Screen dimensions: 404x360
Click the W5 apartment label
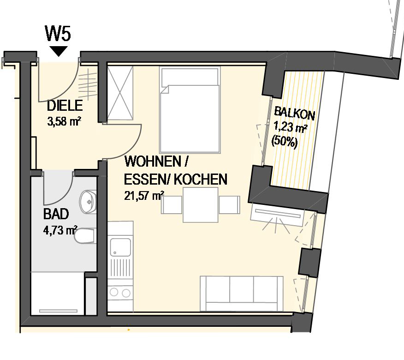pyautogui.click(x=58, y=33)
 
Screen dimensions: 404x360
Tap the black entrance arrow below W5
pyautogui.click(x=59, y=51)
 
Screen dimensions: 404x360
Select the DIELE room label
pyautogui.click(x=65, y=106)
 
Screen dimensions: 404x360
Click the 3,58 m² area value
pyautogui.click(x=64, y=121)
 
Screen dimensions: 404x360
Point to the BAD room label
pyautogui.click(x=56, y=214)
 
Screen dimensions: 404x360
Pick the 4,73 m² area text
pyautogui.click(x=60, y=230)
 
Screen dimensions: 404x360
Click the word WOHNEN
pyautogui.click(x=153, y=162)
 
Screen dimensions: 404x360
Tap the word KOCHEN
pyautogui.click(x=201, y=179)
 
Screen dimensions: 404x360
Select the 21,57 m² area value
pyautogui.click(x=144, y=196)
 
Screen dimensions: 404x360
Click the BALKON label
pyautogui.click(x=294, y=114)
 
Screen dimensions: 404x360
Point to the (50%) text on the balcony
pyautogui.click(x=285, y=142)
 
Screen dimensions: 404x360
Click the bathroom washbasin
pyautogui.click(x=88, y=202)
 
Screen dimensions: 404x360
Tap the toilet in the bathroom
pyautogui.click(x=85, y=236)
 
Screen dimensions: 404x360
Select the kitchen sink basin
pyautogui.click(x=120, y=247)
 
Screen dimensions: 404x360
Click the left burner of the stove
pyautogui.click(x=114, y=293)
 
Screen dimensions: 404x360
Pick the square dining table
pyautogui.click(x=201, y=205)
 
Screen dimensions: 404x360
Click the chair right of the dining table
pyautogui.click(x=229, y=205)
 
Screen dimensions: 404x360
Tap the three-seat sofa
pyautogui.click(x=242, y=294)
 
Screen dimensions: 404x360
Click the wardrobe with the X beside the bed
pyautogui.click(x=120, y=93)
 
